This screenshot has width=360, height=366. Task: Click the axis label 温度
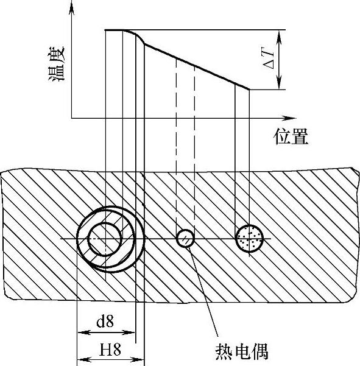pyautogui.click(x=57, y=64)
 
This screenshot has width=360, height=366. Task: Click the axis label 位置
pyautogui.click(x=291, y=136)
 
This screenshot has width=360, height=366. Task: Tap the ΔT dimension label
pyautogui.click(x=269, y=58)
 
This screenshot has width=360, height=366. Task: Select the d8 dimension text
pyautogui.click(x=105, y=321)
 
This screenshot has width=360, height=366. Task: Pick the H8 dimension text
pyautogui.click(x=110, y=350)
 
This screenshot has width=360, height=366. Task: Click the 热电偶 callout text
pyautogui.click(x=242, y=352)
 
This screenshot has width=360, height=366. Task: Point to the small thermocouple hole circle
pyautogui.click(x=185, y=238)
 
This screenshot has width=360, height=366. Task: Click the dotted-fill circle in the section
pyautogui.click(x=250, y=238)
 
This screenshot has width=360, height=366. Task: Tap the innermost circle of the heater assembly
pyautogui.click(x=105, y=239)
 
